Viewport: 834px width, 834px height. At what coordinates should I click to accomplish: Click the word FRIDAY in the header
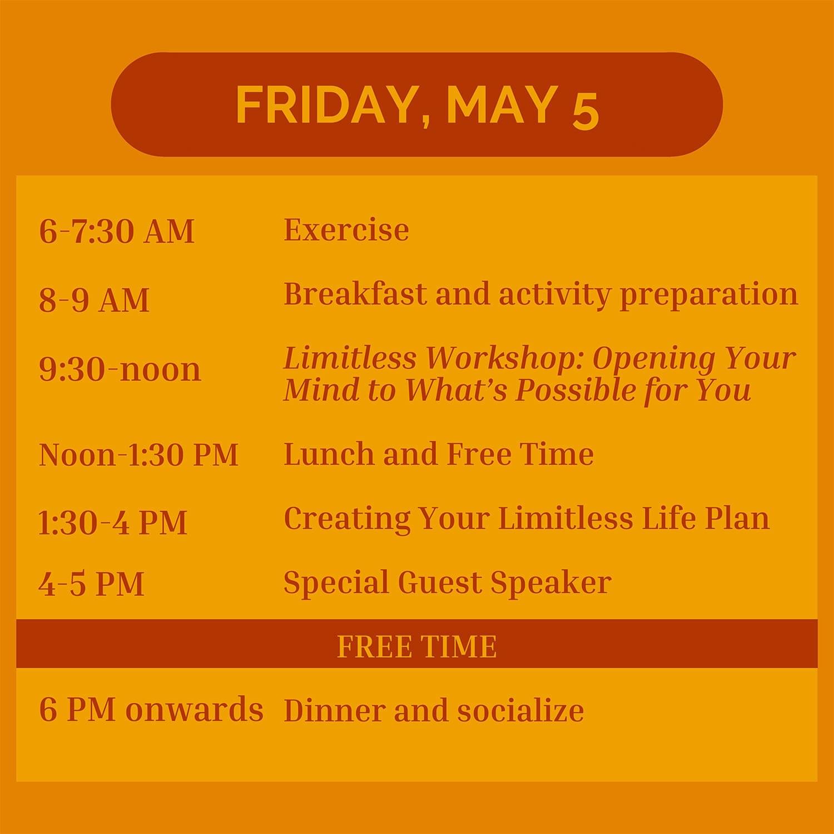coord(327,106)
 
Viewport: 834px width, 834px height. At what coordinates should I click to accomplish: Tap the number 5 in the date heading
coord(585,111)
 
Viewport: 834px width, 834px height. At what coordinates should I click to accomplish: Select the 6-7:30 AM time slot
coord(117,231)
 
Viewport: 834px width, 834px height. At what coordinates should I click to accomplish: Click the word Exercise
coord(346,229)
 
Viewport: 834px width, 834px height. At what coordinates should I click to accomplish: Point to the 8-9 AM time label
coord(94,300)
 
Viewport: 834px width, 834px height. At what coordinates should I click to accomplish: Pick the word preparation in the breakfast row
coord(709,295)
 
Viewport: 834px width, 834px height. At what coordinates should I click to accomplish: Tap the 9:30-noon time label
coord(120,369)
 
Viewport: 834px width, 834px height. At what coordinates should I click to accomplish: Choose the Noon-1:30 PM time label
coord(138,454)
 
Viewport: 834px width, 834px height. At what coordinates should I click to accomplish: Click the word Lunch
coord(329,454)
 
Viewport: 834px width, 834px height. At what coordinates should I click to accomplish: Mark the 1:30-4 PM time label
coord(112,523)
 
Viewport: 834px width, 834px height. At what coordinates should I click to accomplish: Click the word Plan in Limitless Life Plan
coord(737,518)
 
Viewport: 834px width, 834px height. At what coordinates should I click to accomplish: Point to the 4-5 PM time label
coord(91,584)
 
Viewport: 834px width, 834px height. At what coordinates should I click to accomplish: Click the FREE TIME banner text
coord(417,646)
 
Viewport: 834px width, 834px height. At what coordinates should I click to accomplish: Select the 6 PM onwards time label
coord(151,709)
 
